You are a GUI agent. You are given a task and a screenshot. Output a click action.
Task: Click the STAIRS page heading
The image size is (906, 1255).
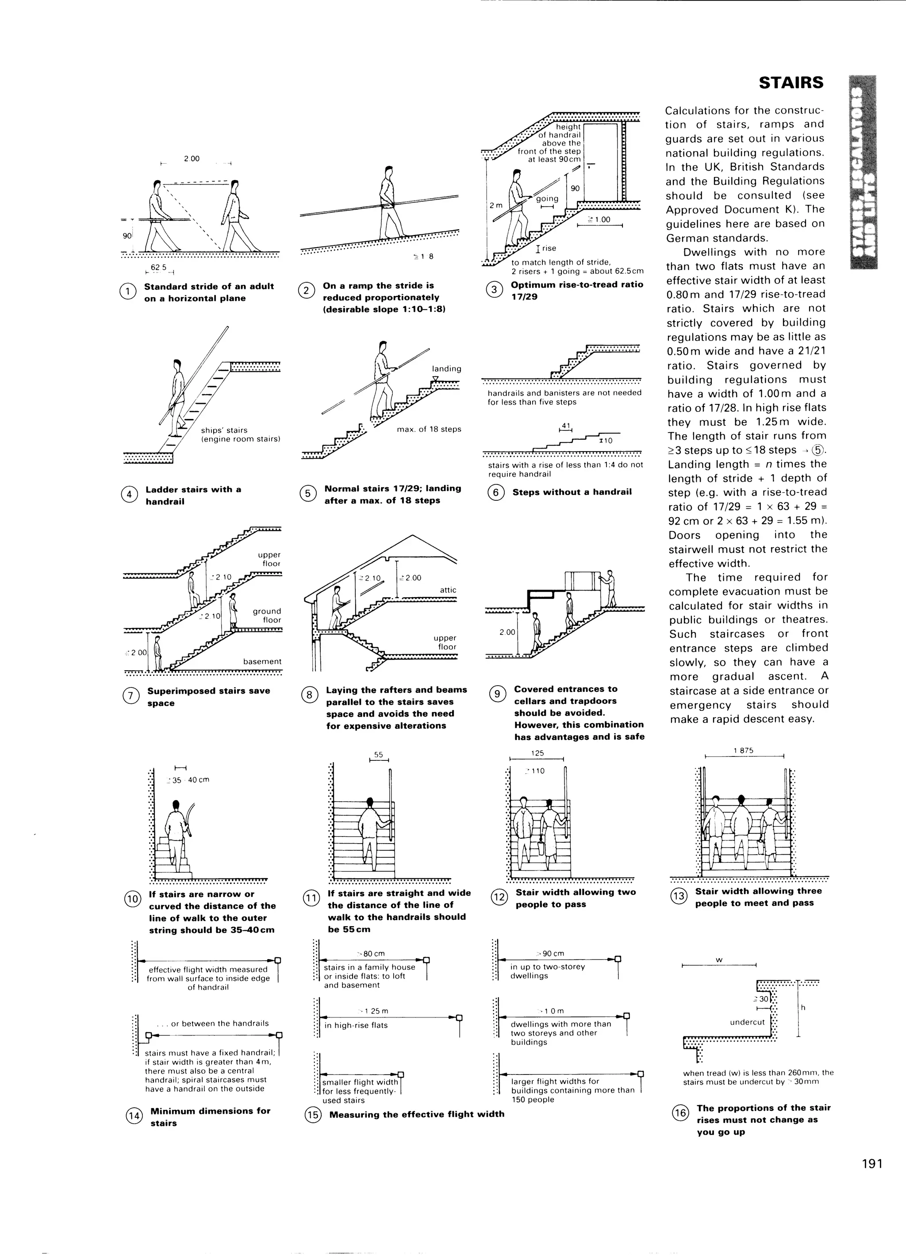[791, 83]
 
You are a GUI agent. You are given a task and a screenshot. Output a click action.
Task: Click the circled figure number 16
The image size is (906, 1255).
[679, 1113]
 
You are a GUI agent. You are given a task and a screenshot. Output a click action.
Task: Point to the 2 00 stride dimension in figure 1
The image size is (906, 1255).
[192, 159]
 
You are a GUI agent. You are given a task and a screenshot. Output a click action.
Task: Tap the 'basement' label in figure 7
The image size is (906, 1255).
[262, 661]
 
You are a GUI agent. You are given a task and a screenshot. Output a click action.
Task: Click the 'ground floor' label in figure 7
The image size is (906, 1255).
[267, 615]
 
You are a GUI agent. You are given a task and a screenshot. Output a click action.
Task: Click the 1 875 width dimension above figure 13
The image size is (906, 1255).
[743, 750]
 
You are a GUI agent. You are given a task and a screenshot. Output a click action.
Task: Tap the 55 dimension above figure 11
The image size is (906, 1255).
[379, 754]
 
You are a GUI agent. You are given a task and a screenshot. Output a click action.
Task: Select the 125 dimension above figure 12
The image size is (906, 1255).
[537, 752]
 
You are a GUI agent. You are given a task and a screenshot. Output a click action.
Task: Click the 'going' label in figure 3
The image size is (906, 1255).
[547, 199]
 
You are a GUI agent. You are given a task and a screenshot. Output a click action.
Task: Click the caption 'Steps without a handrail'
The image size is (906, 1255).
[572, 492]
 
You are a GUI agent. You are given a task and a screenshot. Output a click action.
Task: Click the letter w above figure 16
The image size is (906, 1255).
[719, 959]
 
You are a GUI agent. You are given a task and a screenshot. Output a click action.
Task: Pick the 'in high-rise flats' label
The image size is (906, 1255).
[356, 1025]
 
